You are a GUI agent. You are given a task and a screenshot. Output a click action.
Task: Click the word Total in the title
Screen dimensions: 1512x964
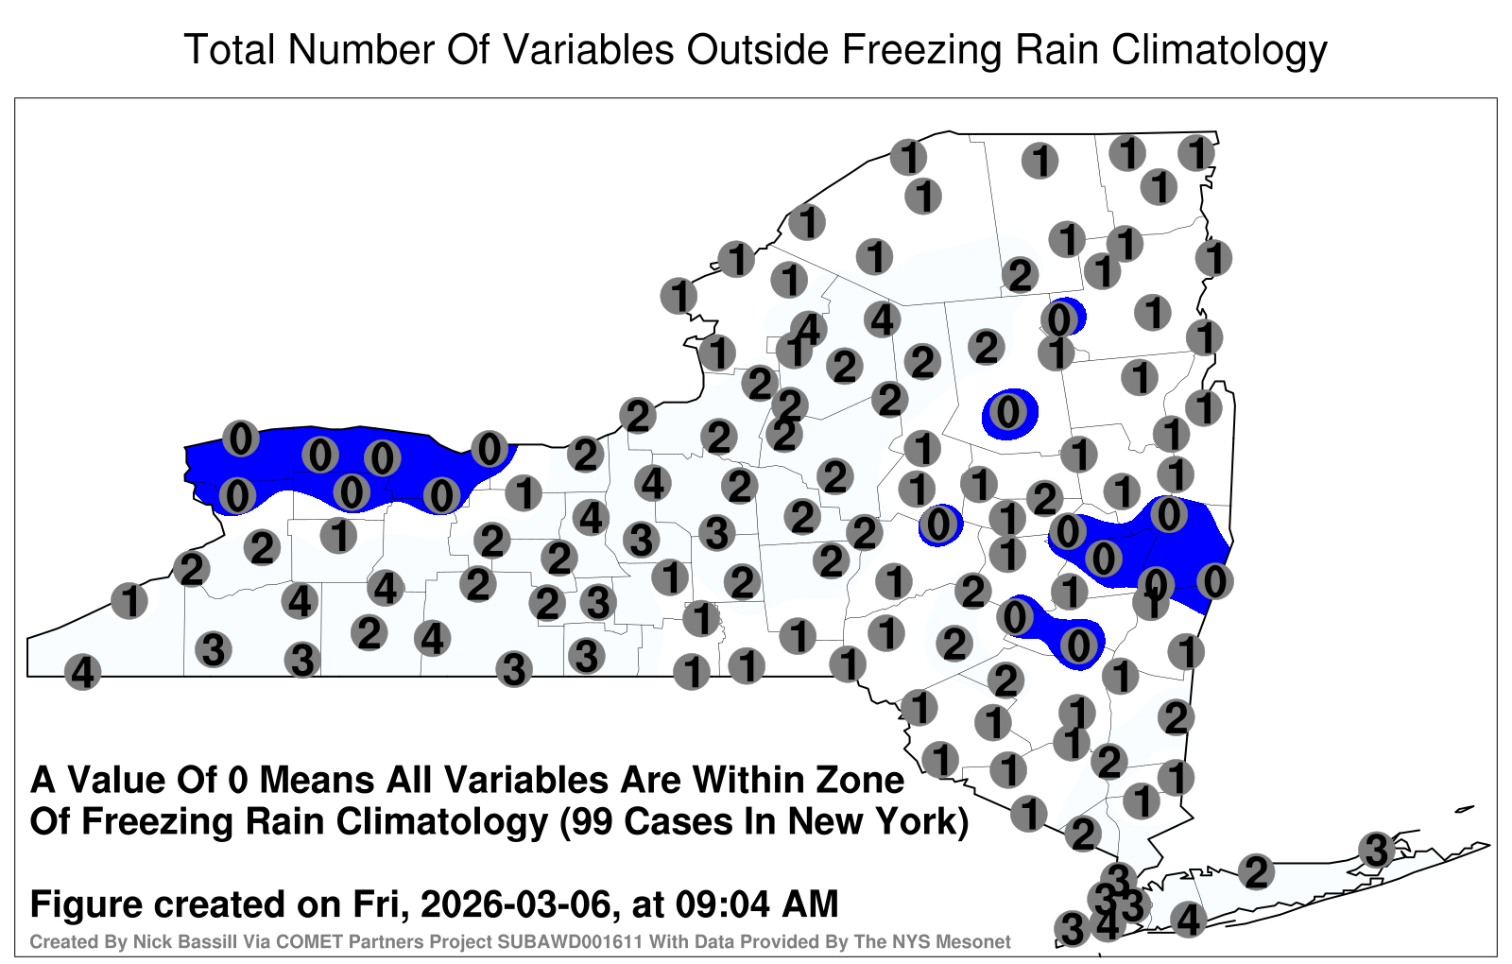[230, 49]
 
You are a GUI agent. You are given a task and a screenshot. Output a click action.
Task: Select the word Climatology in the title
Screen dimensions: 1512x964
[1219, 51]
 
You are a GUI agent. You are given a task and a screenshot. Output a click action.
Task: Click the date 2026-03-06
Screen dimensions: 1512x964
[516, 904]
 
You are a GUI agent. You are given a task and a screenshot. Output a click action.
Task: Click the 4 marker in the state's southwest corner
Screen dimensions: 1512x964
[82, 672]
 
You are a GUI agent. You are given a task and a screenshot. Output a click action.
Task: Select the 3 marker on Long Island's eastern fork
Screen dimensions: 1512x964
[1376, 850]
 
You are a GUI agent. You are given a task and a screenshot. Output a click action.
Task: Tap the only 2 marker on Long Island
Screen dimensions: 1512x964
[1256, 872]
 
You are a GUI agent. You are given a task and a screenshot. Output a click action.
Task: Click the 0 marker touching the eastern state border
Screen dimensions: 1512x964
[1215, 581]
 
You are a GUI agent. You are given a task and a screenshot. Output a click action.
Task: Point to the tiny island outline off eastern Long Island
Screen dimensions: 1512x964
[1464, 809]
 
